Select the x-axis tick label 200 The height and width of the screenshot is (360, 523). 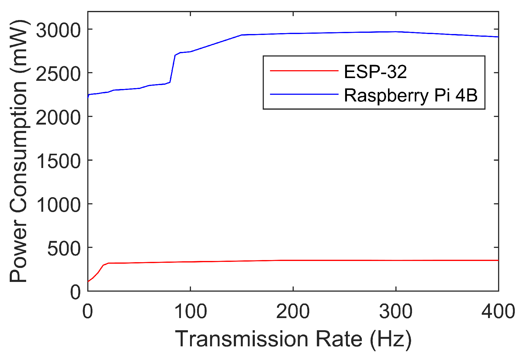click(x=293, y=311)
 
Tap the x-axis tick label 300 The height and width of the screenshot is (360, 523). click(x=396, y=311)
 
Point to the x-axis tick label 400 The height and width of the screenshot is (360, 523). click(x=498, y=311)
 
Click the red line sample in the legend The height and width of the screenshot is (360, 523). click(x=304, y=71)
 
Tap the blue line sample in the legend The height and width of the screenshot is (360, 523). click(x=304, y=94)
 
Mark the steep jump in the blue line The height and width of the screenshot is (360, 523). click(x=172, y=69)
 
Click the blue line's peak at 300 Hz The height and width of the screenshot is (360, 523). click(x=396, y=32)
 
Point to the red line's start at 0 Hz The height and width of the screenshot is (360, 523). click(x=88, y=281)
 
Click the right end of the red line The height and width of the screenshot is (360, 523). click(x=498, y=260)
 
